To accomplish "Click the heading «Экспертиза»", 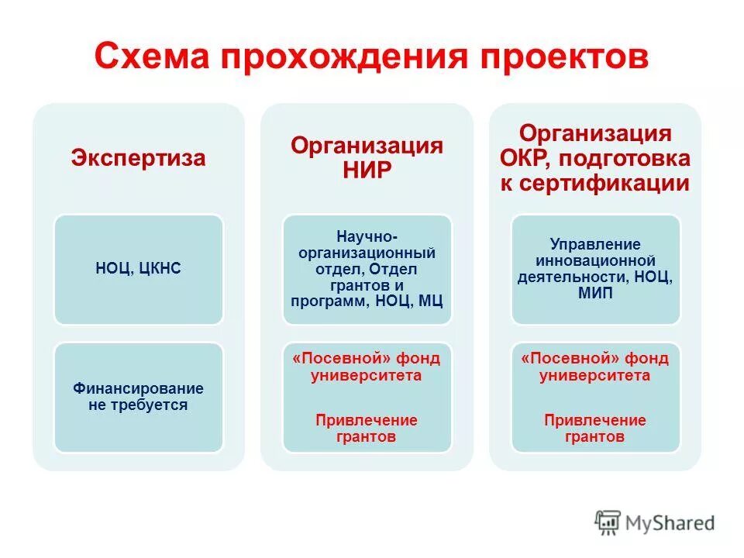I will (139, 159).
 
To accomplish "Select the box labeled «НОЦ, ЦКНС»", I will (139, 269).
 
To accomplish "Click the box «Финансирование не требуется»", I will (139, 396).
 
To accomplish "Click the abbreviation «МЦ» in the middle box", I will (430, 301).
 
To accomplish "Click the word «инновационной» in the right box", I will (595, 261).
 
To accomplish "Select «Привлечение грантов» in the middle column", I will (367, 429).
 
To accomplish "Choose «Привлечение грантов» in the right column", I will (595, 429).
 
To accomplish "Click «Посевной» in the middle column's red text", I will (343, 358).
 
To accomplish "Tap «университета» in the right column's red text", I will (595, 376).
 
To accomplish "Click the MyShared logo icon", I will (608, 523).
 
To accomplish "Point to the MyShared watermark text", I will (670, 523).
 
